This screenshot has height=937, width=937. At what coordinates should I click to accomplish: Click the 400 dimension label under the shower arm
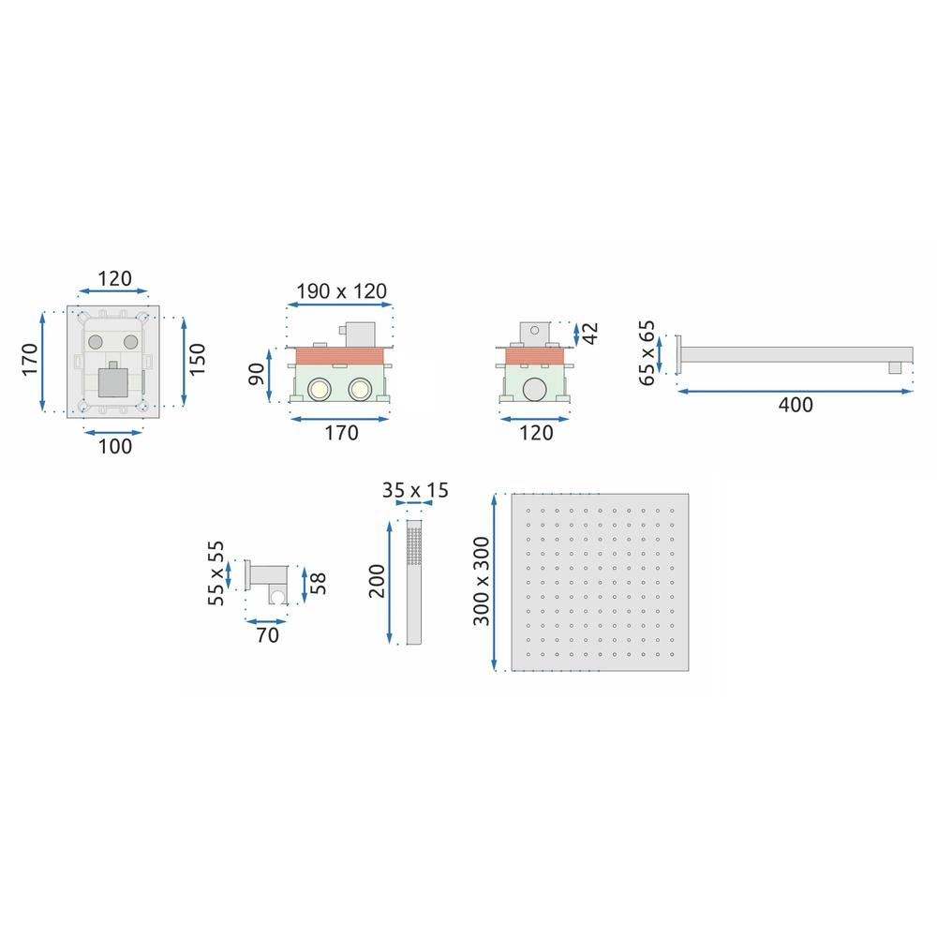click(x=796, y=405)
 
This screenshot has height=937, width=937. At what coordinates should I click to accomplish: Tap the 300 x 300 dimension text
click(x=481, y=581)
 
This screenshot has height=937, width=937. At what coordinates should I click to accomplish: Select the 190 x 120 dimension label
click(x=342, y=291)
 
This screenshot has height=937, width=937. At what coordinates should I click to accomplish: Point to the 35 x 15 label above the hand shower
click(x=415, y=490)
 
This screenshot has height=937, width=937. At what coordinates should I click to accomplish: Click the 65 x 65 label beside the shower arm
click(x=647, y=353)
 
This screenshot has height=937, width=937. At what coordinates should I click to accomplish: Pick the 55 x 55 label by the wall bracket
click(x=216, y=573)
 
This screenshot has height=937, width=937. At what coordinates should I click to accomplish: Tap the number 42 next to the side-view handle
click(x=589, y=334)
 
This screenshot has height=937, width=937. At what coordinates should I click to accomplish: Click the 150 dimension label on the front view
click(x=197, y=360)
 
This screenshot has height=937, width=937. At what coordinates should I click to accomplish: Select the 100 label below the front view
click(x=114, y=446)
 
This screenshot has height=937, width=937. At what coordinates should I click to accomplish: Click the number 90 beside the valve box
click(x=257, y=374)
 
